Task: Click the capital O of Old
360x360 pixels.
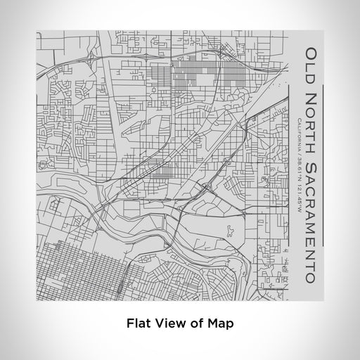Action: click(x=310, y=52)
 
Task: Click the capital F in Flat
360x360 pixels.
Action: click(x=130, y=324)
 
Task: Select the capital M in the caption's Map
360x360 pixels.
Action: click(x=212, y=324)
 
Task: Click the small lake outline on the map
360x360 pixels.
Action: click(x=230, y=229)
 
